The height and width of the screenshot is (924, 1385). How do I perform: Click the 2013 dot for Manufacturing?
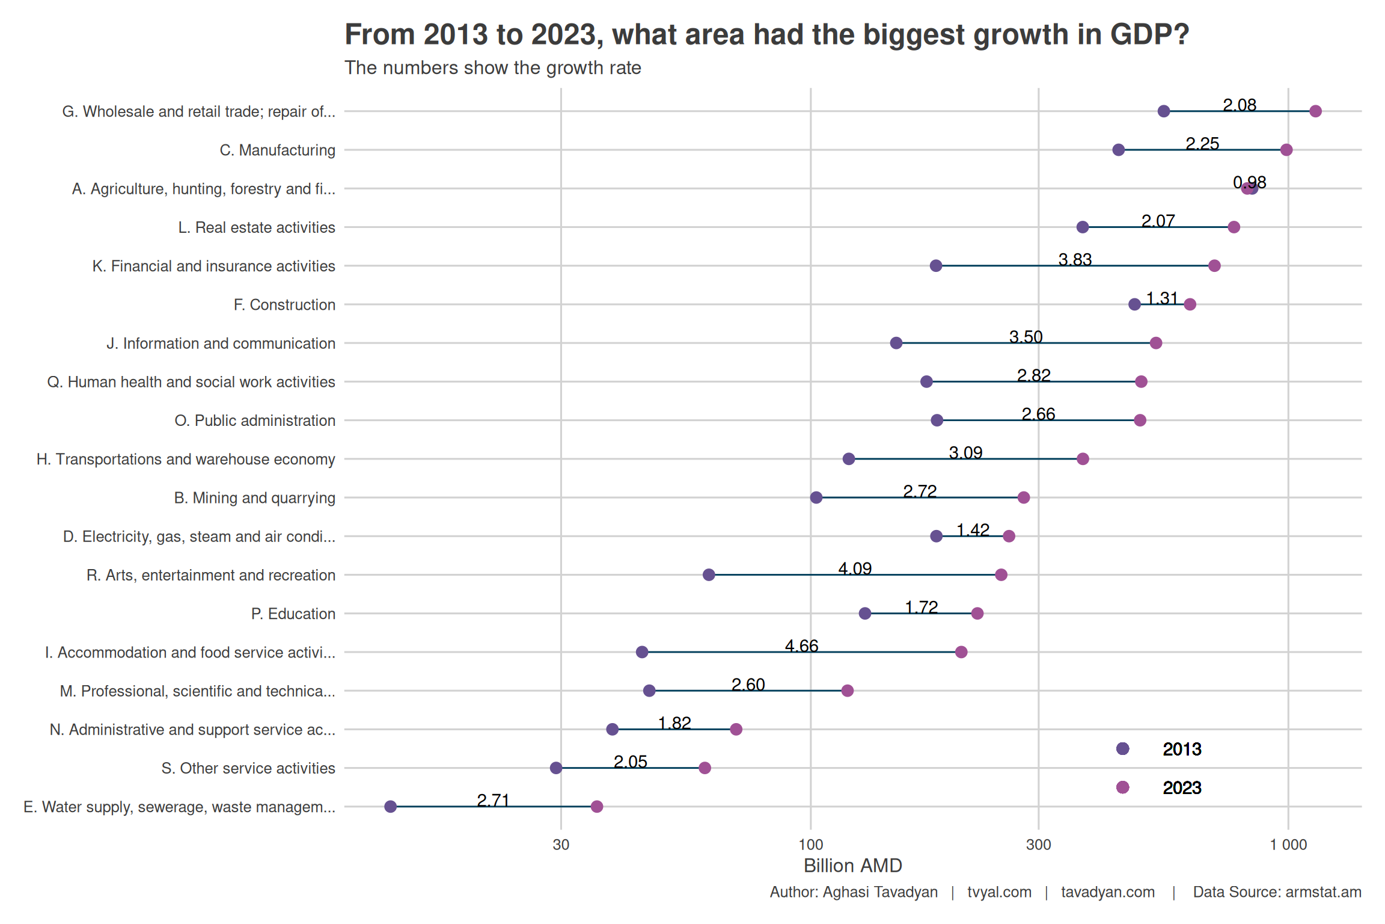(1118, 150)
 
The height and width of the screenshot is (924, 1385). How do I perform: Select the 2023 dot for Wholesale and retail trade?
(1315, 111)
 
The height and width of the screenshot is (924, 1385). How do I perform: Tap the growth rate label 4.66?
(801, 646)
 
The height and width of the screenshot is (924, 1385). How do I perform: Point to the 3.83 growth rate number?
(1075, 260)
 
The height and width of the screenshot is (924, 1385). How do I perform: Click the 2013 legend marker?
(1122, 749)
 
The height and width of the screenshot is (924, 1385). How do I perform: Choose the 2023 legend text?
(1181, 788)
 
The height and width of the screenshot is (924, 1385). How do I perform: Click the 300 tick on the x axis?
(1038, 845)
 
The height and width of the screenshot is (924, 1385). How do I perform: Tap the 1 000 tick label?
(1288, 845)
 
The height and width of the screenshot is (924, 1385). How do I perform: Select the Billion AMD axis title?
(852, 866)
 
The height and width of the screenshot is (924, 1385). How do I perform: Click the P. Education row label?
(293, 614)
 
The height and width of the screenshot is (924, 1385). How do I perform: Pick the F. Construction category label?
(284, 305)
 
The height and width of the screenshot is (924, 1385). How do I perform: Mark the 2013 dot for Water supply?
(391, 807)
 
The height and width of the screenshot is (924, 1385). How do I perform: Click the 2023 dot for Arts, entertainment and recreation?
(1001, 575)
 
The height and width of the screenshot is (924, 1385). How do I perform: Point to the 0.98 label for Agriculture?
(1249, 182)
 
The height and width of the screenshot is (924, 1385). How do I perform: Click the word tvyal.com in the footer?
(999, 892)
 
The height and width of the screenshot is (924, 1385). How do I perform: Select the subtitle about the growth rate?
(492, 68)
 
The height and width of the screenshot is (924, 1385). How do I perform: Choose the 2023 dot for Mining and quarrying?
(1024, 497)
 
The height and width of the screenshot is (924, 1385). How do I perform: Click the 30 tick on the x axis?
(561, 845)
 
